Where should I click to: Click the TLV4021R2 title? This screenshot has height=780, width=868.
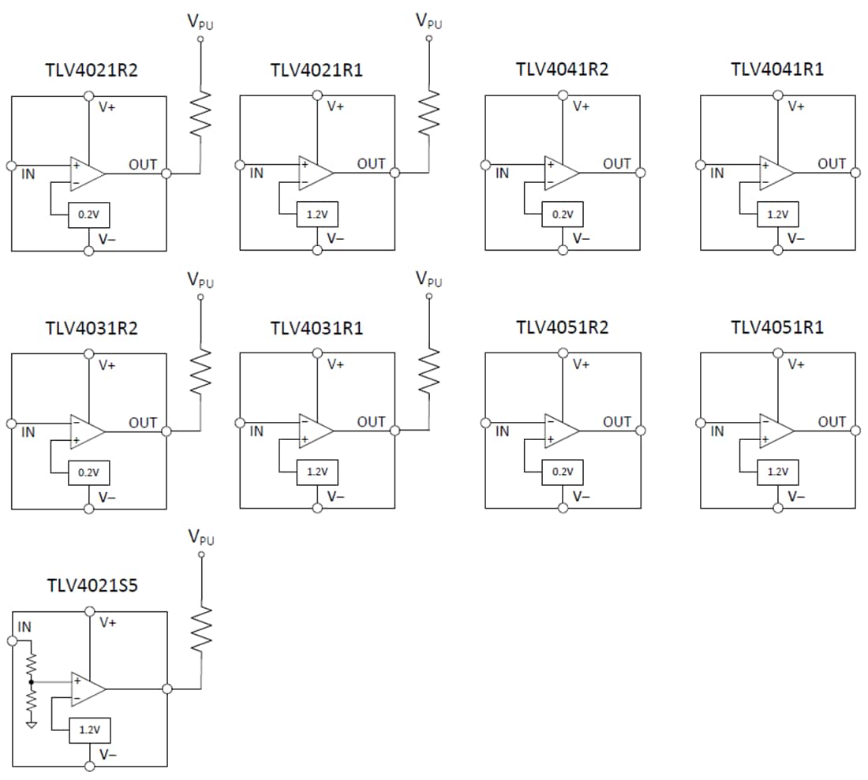(92, 69)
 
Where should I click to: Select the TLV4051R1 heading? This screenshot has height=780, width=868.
(777, 327)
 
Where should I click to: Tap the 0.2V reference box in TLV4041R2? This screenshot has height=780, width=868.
(562, 214)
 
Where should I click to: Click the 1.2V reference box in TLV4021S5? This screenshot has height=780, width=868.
(89, 730)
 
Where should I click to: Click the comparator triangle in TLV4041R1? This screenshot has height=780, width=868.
(776, 172)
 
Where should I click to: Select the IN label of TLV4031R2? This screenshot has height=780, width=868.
(28, 432)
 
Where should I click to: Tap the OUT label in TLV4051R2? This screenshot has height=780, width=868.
(616, 422)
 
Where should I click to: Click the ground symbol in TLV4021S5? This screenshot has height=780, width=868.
(31, 723)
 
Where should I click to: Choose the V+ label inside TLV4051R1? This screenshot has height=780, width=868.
(796, 364)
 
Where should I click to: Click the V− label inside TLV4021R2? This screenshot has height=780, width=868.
(107, 237)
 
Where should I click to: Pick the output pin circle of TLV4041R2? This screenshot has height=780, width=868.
(641, 173)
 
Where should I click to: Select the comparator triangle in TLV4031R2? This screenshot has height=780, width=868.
(87, 430)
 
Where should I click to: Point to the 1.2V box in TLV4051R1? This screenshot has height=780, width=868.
(777, 472)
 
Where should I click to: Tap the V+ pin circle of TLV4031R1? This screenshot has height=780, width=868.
(317, 353)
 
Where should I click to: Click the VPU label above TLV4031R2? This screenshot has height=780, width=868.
(200, 279)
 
